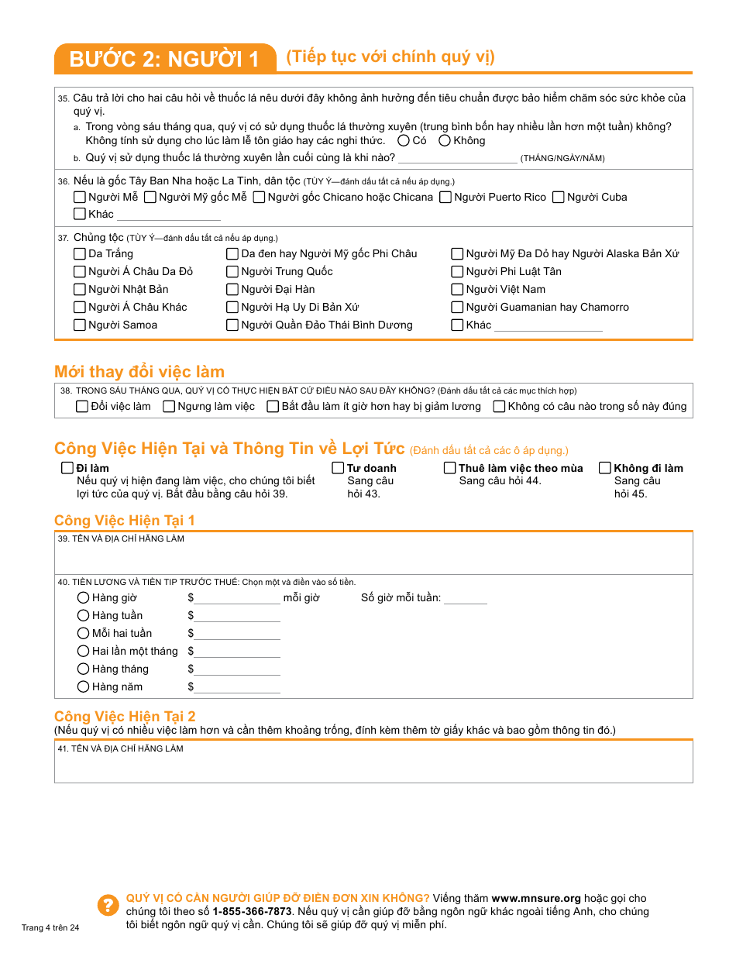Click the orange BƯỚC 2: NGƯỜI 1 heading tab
click(x=164, y=59)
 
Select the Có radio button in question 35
click(x=404, y=140)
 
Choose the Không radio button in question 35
click(x=445, y=140)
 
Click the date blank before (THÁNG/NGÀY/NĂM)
click(x=457, y=158)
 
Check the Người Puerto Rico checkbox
click(x=445, y=197)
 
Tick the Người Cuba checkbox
click(x=559, y=197)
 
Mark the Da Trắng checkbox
click(x=80, y=253)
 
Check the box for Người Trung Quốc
click(x=232, y=271)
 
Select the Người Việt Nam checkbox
click(x=458, y=289)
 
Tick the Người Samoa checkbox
click(x=80, y=325)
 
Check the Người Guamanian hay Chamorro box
click(x=458, y=307)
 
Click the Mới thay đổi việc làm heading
click(x=139, y=371)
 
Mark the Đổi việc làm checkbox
click(x=82, y=406)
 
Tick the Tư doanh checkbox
click(x=338, y=468)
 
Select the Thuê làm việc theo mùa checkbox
click(x=450, y=468)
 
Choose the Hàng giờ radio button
click(x=84, y=597)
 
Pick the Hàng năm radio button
click(x=84, y=686)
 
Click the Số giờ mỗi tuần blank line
click(x=466, y=599)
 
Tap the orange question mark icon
click(x=108, y=905)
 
